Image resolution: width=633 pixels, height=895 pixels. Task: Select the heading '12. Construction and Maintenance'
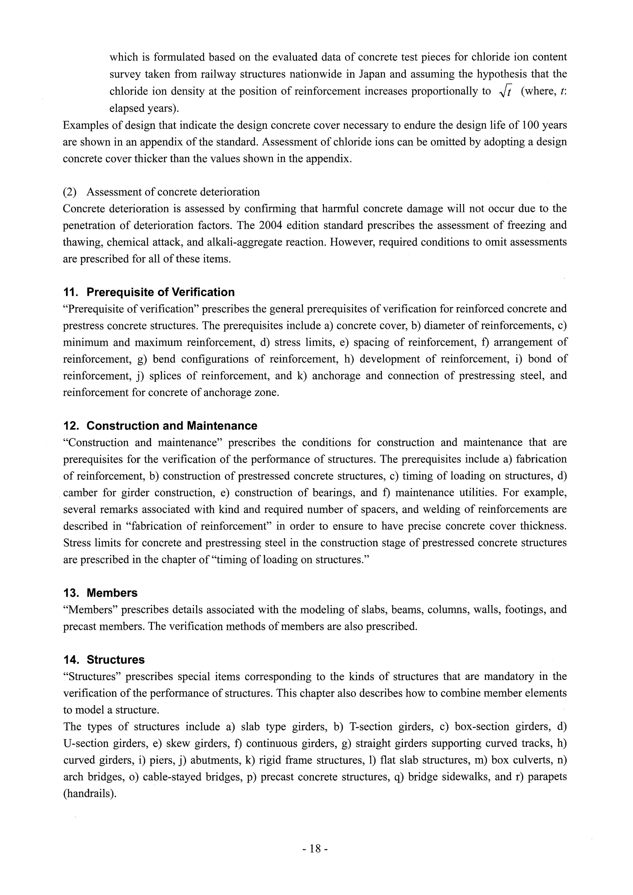coord(160,426)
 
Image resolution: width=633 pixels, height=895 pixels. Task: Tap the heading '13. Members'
coord(100,593)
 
